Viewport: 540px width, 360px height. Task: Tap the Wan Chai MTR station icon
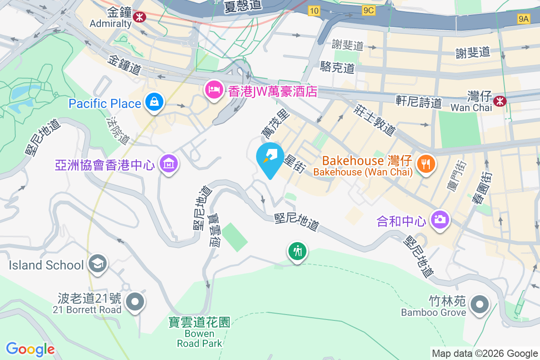(499, 101)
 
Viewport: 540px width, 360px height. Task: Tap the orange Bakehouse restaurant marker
(425, 163)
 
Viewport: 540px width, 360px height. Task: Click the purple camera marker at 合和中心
(440, 220)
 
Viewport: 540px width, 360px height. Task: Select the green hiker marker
(297, 250)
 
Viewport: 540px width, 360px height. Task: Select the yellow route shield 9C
(368, 11)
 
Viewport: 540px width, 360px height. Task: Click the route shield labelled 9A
(523, 18)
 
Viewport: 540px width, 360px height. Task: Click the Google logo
(30, 349)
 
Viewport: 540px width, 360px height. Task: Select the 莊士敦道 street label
(374, 120)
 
